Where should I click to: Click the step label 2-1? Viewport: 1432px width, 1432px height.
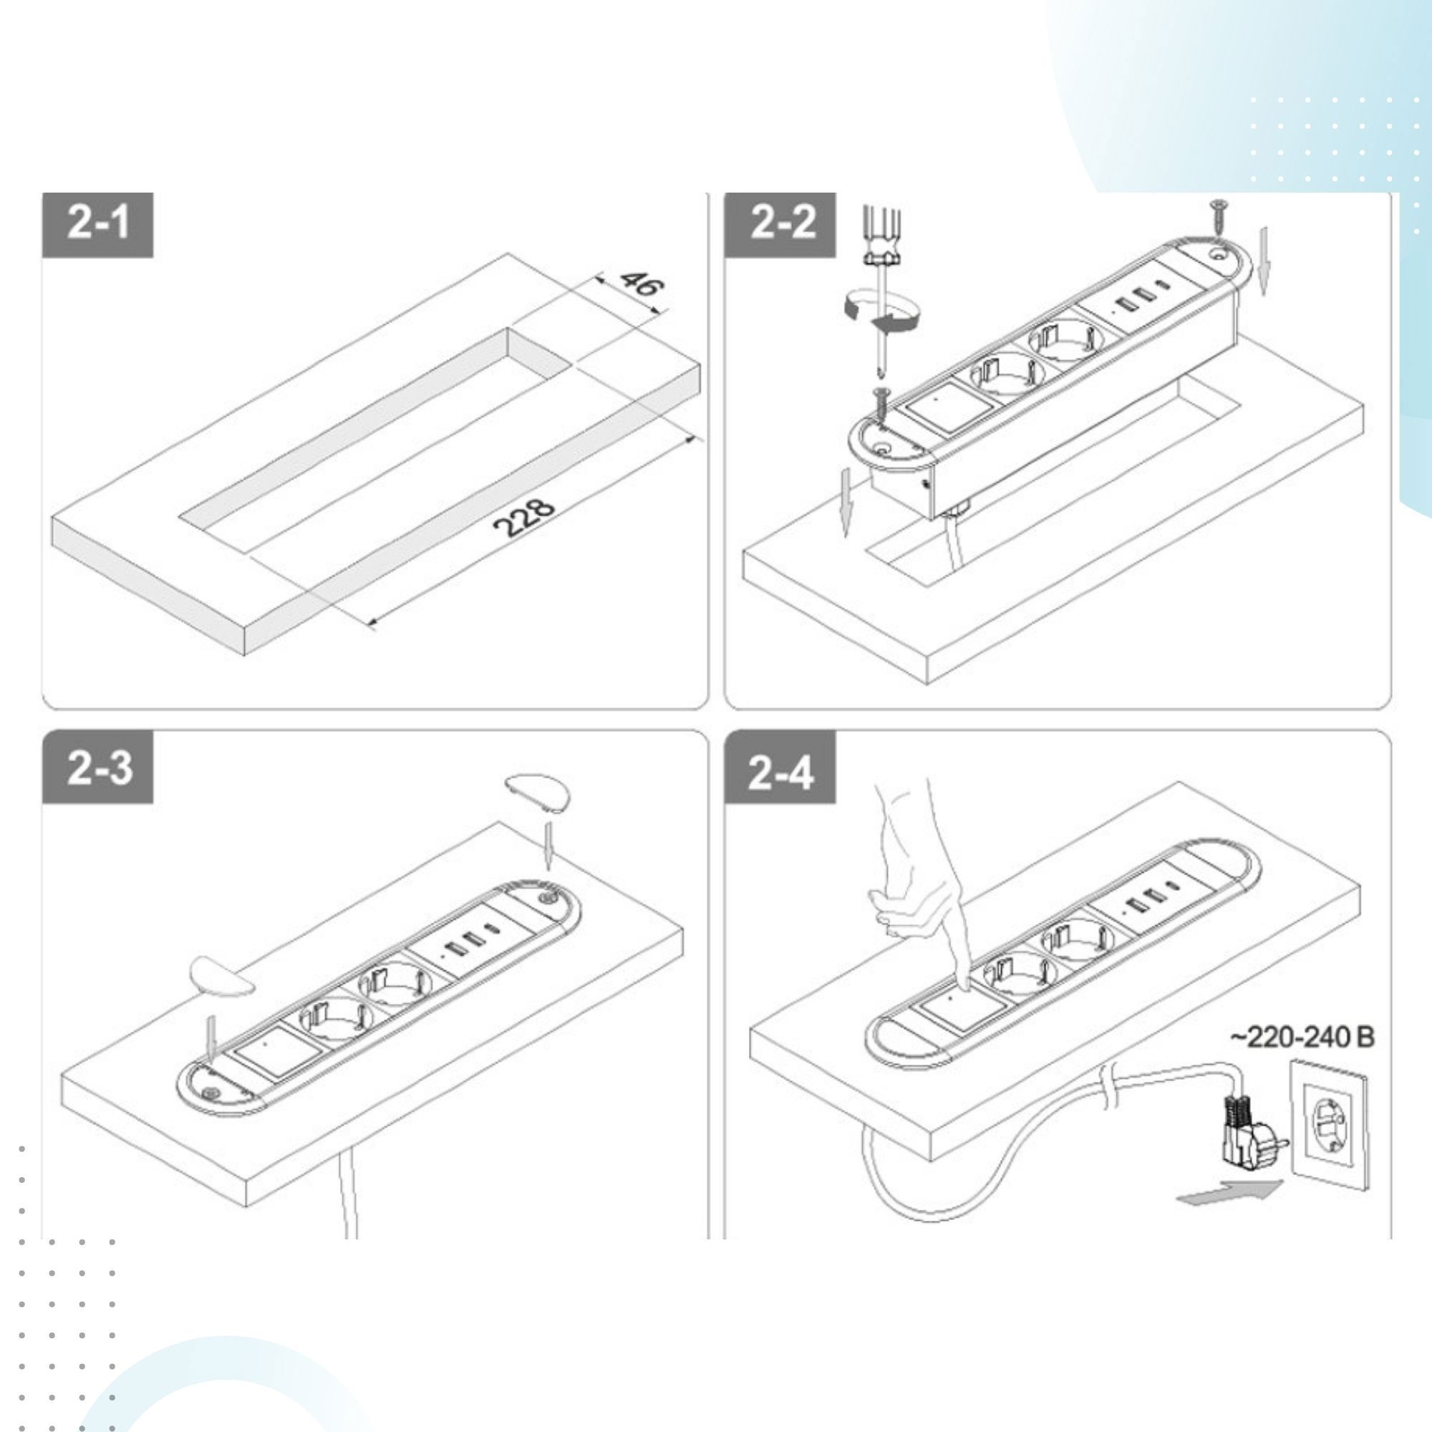coord(98,224)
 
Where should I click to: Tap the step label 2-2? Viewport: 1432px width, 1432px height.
coord(782,224)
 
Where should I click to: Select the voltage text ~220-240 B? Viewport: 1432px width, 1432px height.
coord(1302,1037)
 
